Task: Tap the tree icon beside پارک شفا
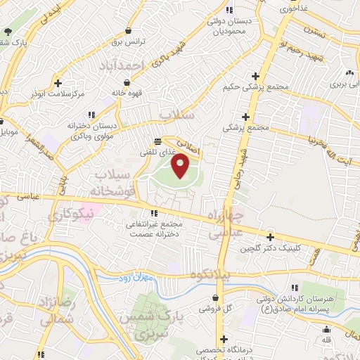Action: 8,32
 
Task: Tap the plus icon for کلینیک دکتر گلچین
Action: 270,237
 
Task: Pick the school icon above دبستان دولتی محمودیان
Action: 229,10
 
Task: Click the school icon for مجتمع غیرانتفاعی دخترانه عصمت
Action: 153,214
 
